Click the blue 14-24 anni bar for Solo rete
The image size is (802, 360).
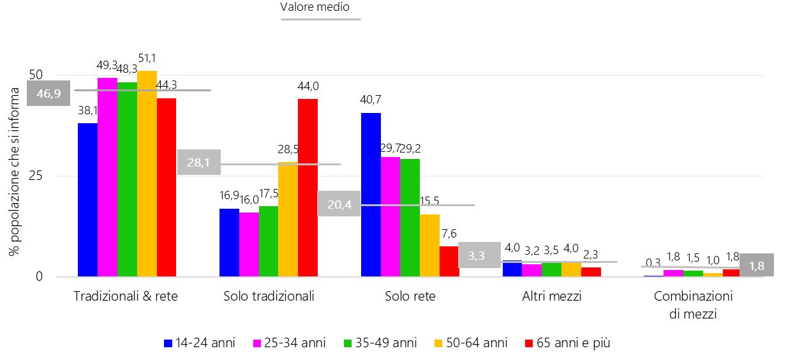point(371,195)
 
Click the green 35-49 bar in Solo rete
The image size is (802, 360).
point(410,218)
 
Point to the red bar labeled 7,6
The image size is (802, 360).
point(449,262)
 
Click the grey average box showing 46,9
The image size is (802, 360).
point(48,93)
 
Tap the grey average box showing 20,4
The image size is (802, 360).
point(339,204)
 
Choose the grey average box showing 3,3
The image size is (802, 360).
point(475,255)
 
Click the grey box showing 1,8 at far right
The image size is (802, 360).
point(756,265)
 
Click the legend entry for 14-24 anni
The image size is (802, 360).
point(200,343)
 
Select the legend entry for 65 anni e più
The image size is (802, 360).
point(566,343)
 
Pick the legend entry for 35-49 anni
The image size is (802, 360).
point(382,343)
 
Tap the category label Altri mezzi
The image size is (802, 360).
point(552,296)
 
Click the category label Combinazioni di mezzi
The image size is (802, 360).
point(694,304)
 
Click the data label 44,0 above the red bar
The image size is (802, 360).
point(308,86)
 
